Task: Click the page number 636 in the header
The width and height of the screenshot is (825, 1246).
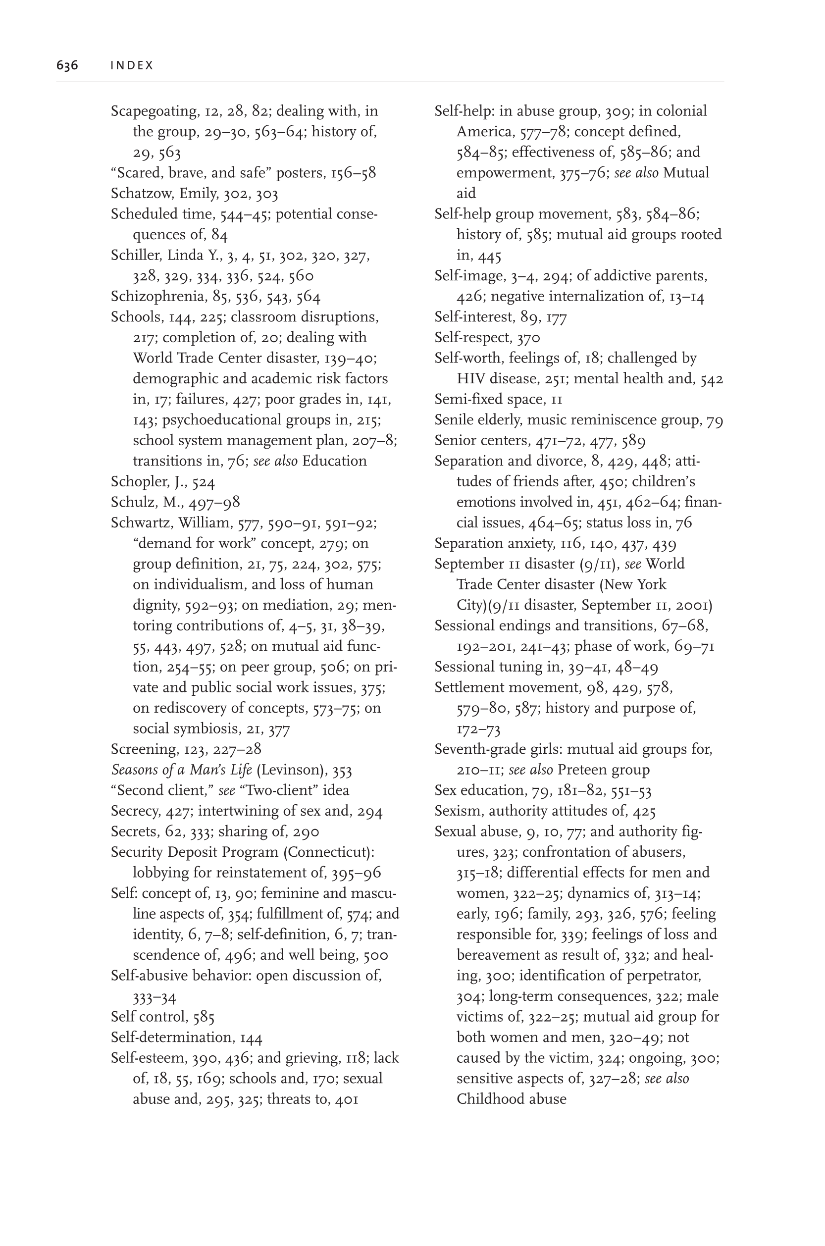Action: pos(67,65)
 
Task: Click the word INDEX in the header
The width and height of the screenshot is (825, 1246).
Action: pos(132,65)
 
